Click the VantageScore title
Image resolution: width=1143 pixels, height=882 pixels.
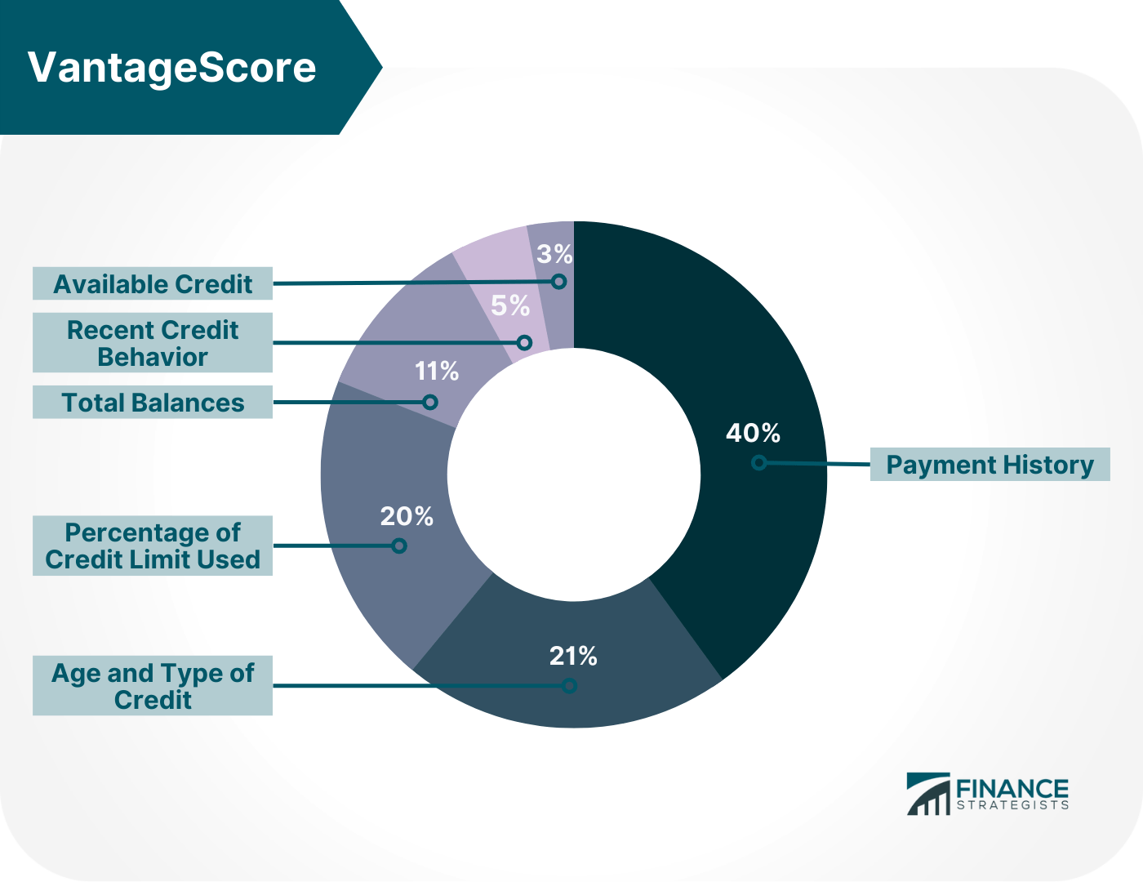point(171,67)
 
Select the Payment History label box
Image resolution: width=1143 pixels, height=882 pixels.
point(990,465)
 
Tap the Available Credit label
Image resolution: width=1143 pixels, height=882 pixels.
point(153,284)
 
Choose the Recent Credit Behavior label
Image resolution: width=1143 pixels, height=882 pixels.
point(153,343)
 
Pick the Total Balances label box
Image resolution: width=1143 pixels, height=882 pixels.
point(153,403)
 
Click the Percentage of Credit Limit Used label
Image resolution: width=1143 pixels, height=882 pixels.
point(153,546)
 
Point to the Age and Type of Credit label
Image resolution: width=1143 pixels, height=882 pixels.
point(153,686)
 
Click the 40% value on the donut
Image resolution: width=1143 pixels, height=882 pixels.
point(753,433)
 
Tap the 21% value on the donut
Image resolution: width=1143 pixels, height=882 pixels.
point(573,656)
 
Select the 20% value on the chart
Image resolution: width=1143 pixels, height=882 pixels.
point(407,516)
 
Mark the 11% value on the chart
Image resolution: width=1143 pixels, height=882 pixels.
point(437,372)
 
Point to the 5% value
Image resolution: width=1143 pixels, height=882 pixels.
point(510,306)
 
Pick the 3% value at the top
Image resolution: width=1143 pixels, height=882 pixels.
point(554,254)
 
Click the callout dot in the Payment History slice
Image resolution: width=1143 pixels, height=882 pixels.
point(759,463)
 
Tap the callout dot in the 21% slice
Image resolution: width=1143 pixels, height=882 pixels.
point(570,686)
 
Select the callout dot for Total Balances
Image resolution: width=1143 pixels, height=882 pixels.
point(430,402)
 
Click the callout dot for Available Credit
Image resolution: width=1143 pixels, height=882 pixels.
point(559,282)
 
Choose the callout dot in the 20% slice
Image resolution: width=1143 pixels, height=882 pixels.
point(399,546)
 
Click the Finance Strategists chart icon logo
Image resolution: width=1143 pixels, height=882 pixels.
point(928,794)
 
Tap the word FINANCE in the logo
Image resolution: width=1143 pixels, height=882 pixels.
point(1012,789)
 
